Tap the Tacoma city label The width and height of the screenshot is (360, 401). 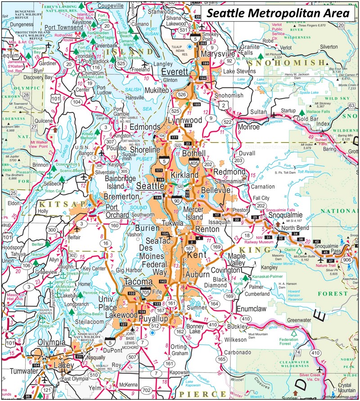pyautogui.click(x=138, y=282)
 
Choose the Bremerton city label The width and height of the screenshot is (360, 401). pyautogui.click(x=121, y=197)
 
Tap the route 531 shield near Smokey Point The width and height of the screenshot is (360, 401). pyautogui.click(x=183, y=30)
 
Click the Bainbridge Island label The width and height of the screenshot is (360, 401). pyautogui.click(x=121, y=182)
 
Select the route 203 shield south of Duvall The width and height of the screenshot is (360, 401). pyautogui.click(x=238, y=161)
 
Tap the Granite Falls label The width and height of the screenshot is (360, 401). pyautogui.click(x=251, y=50)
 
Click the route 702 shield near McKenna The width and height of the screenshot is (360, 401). pyautogui.click(x=146, y=389)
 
